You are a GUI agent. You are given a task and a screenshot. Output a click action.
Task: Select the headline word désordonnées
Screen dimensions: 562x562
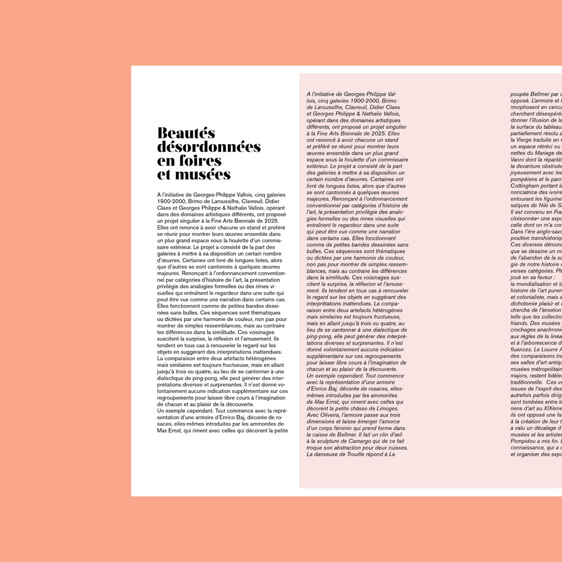click(209, 147)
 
